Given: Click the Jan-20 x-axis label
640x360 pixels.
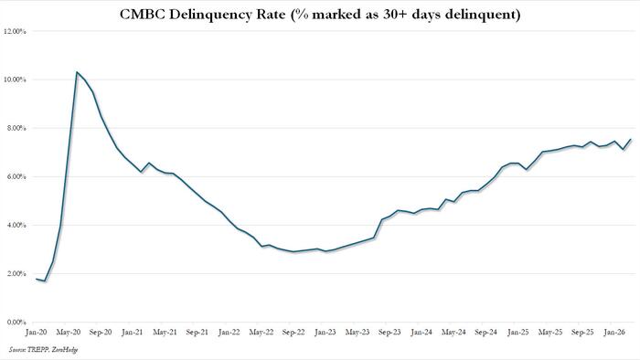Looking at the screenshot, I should tap(37, 333).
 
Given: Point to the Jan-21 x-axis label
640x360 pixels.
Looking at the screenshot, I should tap(131, 333).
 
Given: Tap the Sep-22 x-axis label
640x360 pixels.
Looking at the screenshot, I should tap(293, 333).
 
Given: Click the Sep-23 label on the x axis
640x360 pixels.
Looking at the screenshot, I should tap(391, 333).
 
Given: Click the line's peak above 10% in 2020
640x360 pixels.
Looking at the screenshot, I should tap(77, 72).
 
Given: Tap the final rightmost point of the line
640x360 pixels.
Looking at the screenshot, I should tap(630, 140).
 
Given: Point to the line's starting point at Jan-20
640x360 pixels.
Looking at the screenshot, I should tap(37, 279).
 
